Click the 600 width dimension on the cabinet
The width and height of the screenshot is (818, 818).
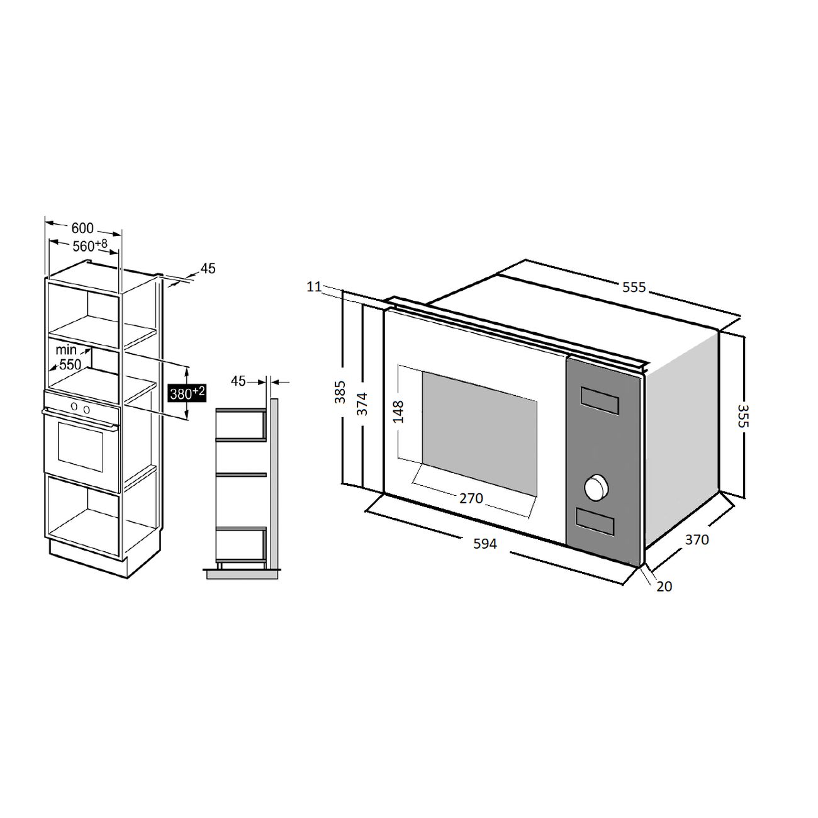[x=82, y=228]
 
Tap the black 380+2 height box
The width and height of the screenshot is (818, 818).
[x=187, y=393]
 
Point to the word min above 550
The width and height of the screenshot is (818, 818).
[x=66, y=350]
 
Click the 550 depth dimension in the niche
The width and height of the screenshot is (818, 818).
[x=70, y=364]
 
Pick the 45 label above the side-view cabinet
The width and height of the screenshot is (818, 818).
[x=238, y=381]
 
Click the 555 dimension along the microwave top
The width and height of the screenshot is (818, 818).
[x=634, y=288]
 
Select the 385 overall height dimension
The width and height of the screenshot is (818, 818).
[x=340, y=392]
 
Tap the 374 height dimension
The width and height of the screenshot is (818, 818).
[x=362, y=404]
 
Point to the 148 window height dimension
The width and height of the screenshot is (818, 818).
[x=398, y=412]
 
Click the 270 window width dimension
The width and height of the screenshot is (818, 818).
[x=471, y=498]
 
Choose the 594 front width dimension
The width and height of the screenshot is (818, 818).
[x=485, y=544]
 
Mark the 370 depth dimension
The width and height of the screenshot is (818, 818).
[x=697, y=539]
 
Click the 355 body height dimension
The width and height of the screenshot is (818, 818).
[x=743, y=415]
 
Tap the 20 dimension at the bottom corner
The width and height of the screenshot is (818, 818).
[x=664, y=586]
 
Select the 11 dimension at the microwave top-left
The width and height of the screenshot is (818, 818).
[x=314, y=287]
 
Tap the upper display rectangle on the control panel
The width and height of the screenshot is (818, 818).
[x=600, y=400]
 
